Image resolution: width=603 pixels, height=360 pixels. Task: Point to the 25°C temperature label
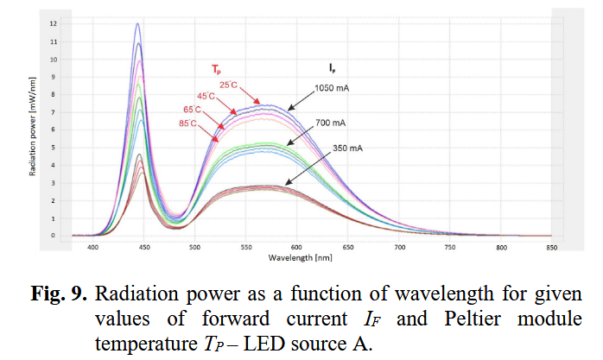click(227, 84)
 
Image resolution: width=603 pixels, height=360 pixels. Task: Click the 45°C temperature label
click(206, 96)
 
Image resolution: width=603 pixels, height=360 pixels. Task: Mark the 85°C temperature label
click(188, 123)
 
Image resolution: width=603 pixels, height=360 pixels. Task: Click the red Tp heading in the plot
click(217, 67)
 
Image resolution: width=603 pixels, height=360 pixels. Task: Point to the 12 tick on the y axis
click(54, 24)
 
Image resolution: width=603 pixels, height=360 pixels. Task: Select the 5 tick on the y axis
click(54, 148)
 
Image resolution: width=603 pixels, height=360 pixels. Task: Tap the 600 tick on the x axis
click(296, 246)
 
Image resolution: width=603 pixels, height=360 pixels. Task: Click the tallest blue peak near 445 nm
click(137, 25)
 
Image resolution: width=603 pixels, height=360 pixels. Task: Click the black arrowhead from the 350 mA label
click(287, 184)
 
